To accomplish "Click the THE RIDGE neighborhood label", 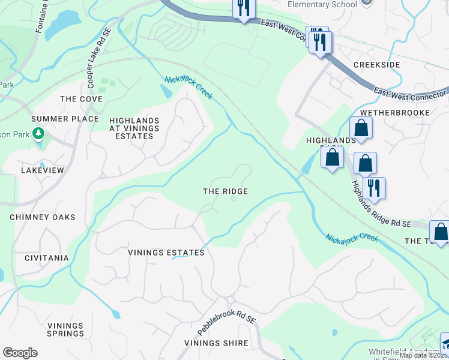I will [x=225, y=191].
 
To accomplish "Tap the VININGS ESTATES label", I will [x=166, y=253].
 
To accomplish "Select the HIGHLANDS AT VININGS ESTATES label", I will [x=134, y=128].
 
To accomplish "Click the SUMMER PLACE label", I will [x=65, y=119].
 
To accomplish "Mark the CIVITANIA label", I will [x=47, y=258].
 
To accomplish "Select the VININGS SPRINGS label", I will [x=66, y=329].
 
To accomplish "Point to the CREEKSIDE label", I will [x=376, y=64].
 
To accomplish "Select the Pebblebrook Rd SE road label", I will [x=226, y=324].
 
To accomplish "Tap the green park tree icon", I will [x=39, y=133].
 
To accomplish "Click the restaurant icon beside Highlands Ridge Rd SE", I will [x=374, y=188].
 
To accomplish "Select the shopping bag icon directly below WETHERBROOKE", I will [x=361, y=128].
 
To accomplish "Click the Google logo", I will [x=20, y=352].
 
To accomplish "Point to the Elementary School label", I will [x=322, y=4].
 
